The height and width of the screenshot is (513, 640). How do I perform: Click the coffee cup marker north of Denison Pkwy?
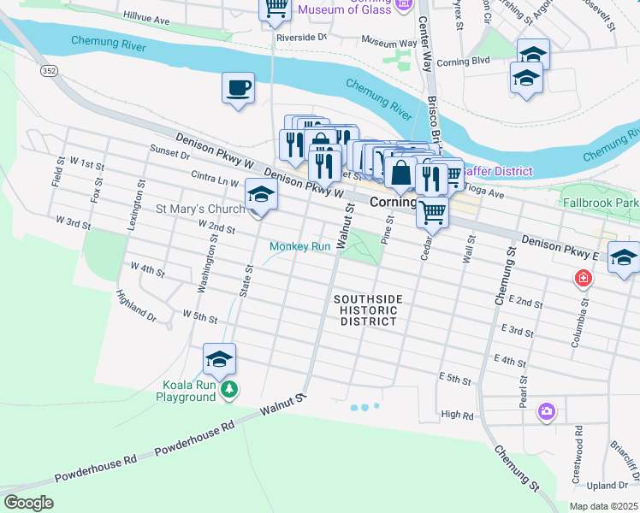239,86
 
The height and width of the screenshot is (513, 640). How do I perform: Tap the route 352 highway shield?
50,73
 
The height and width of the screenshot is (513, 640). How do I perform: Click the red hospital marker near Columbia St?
584,279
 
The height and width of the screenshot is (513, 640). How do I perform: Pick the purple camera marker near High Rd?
547,412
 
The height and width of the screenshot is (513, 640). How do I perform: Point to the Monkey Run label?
299,246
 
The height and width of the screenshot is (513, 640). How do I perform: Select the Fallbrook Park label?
601,203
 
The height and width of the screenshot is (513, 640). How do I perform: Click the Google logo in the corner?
28,503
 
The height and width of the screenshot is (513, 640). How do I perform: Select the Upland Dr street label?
611,486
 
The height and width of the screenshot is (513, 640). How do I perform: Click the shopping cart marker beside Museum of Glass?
276,8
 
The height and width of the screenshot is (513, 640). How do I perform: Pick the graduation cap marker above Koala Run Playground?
219,359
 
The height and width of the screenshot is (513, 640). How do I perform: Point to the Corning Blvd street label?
463,62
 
